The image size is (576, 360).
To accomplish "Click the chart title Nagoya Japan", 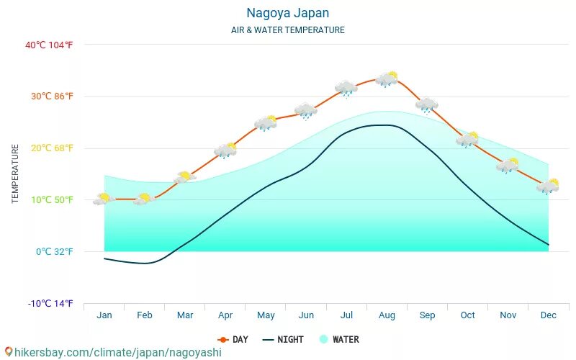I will (x=287, y=13).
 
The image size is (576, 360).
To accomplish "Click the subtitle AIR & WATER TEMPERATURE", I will (x=287, y=30).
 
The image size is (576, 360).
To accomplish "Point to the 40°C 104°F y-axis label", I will (x=50, y=45).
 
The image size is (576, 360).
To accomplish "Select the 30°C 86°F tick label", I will (x=51, y=96).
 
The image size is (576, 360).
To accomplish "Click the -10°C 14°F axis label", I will (x=50, y=304).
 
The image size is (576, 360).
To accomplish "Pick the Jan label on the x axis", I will (x=104, y=315).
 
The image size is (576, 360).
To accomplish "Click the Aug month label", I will (x=387, y=315).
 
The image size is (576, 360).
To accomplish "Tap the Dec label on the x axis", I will (x=548, y=315).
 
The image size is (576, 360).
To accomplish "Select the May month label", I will (x=266, y=315).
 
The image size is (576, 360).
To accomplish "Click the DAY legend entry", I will (x=233, y=339).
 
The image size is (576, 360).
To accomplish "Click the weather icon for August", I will (x=387, y=78).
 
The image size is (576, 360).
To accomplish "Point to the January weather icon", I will (x=104, y=199).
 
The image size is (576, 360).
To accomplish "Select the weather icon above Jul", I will (x=346, y=89).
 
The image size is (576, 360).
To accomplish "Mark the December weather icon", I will (x=548, y=186).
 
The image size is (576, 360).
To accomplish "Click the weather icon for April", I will (x=225, y=150).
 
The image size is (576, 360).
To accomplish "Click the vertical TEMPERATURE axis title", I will (x=15, y=174).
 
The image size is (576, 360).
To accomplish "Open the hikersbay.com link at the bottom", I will (x=112, y=352).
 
